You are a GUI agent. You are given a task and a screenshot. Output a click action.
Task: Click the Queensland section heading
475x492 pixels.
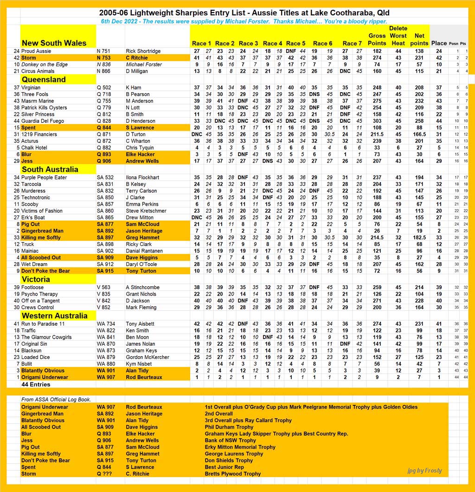pyautogui.click(x=44, y=79)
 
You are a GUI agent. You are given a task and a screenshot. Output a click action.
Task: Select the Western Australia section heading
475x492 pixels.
pyautogui.click(x=54, y=315)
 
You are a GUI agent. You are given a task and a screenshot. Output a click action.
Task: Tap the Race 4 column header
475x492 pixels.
pyautogui.click(x=273, y=44)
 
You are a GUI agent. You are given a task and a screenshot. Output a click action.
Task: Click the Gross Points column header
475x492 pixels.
pyautogui.click(x=377, y=39)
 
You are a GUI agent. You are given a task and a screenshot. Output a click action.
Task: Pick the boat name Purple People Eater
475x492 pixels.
pyautogui.click(x=44, y=177)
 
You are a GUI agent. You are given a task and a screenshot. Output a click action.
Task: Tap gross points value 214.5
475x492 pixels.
pyautogui.click(x=377, y=238)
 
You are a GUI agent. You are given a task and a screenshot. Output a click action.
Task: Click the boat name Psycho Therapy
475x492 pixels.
pyautogui.click(x=39, y=294)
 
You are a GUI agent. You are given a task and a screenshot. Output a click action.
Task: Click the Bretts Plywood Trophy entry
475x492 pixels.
pyautogui.click(x=233, y=474)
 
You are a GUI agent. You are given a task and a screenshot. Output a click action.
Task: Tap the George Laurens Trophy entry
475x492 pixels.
pyautogui.click(x=234, y=454)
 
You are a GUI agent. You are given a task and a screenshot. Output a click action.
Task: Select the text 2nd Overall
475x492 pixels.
pyautogui.click(x=219, y=414)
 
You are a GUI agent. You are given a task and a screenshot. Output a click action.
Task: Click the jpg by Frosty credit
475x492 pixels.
pyautogui.click(x=424, y=471)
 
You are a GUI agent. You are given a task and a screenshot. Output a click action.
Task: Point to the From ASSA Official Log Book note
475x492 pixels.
pyautogui.click(x=56, y=399)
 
